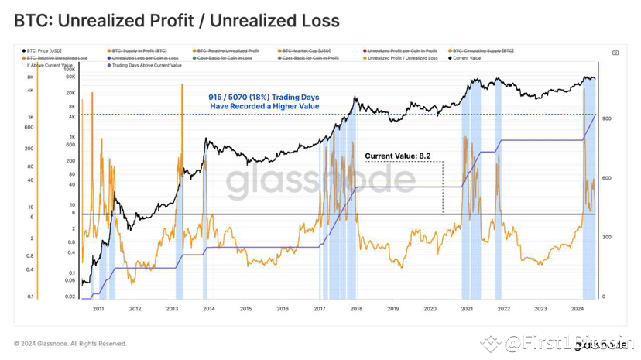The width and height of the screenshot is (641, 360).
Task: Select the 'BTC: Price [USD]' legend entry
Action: (x=47, y=50)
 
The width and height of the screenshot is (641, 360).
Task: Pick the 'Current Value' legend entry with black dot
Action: (x=467, y=58)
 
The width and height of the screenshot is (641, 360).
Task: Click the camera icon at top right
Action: (x=615, y=53)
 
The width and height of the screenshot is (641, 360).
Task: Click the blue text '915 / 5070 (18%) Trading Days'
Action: (x=263, y=97)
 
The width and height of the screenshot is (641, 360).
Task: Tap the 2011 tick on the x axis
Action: (x=98, y=308)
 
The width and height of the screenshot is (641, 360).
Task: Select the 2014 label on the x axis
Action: (x=209, y=308)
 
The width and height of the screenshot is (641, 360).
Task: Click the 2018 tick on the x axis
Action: (x=356, y=308)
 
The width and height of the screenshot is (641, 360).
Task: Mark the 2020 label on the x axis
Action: (x=430, y=308)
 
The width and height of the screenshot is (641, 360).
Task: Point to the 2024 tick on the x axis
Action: (x=577, y=308)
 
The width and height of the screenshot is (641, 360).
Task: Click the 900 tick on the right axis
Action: (x=608, y=118)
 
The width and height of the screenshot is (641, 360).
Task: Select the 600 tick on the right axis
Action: (x=608, y=178)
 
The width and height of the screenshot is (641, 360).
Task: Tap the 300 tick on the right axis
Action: (x=608, y=238)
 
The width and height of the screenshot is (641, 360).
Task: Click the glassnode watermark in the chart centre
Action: (x=320, y=181)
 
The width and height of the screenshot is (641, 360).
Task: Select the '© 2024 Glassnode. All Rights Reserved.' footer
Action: (x=70, y=344)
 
